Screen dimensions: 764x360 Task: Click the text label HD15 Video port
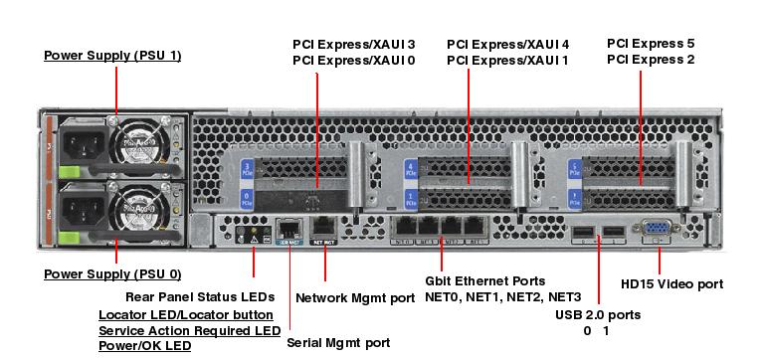[x=671, y=283]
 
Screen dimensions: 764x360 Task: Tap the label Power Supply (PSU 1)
[x=112, y=55]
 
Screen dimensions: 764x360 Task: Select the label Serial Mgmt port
[x=338, y=342]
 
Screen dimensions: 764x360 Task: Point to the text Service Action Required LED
[x=189, y=330]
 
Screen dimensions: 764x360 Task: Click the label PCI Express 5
[x=651, y=43]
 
